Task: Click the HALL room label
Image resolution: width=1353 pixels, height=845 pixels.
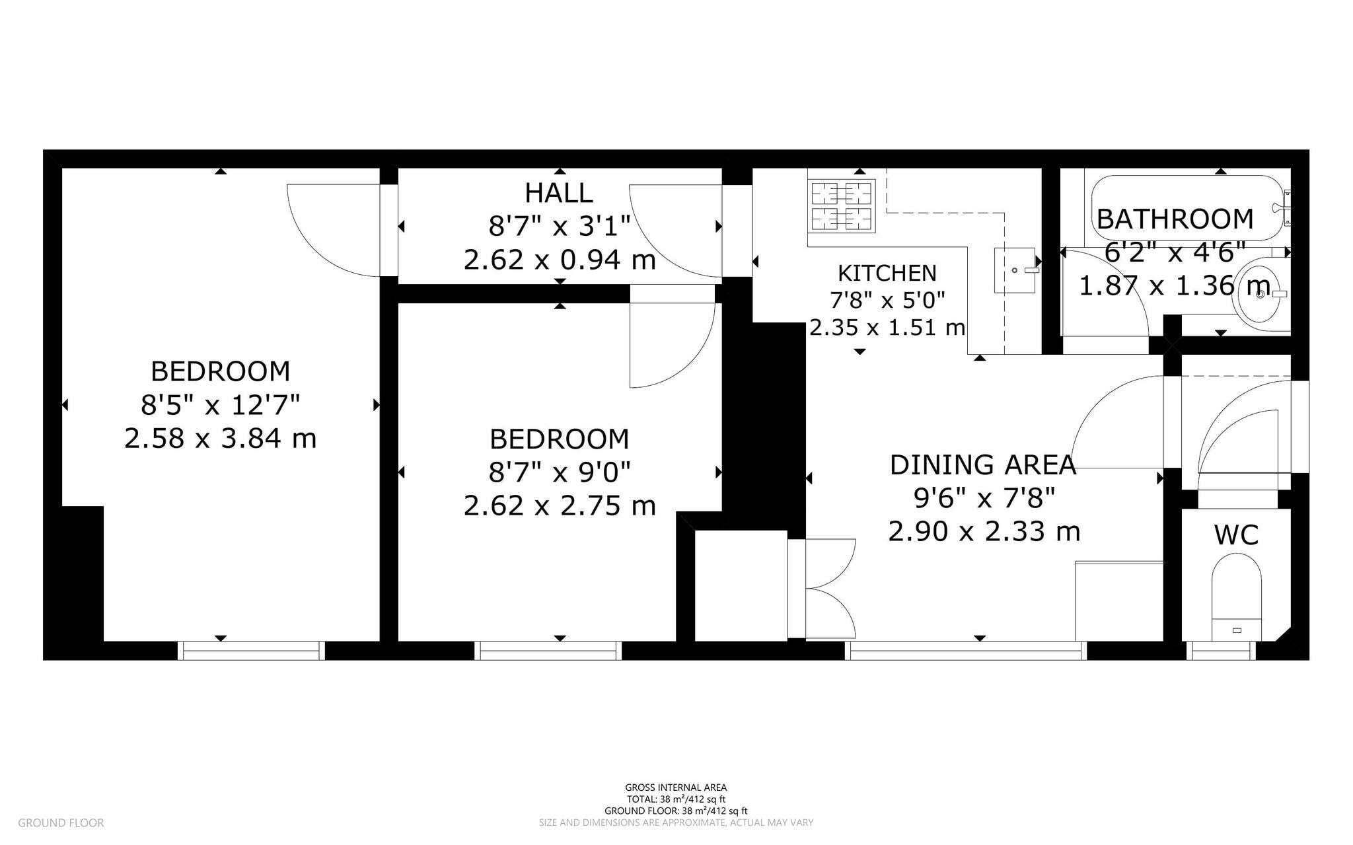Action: click(x=558, y=193)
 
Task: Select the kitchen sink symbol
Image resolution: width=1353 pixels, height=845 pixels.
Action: click(x=1015, y=270)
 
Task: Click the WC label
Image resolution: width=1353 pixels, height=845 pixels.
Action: click(x=1236, y=535)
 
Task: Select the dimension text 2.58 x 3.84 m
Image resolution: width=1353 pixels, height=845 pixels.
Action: click(x=220, y=439)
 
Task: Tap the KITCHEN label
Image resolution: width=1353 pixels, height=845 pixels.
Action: click(x=887, y=273)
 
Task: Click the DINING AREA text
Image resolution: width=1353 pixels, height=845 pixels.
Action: click(x=982, y=465)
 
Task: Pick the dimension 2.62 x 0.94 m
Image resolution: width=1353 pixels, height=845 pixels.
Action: click(x=559, y=260)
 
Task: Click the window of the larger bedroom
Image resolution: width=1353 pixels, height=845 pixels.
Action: click(x=251, y=651)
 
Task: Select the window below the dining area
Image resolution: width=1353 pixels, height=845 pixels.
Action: click(x=965, y=651)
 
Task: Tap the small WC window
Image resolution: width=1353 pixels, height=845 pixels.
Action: click(x=1221, y=651)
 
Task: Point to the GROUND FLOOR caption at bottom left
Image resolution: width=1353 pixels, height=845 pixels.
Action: click(x=61, y=823)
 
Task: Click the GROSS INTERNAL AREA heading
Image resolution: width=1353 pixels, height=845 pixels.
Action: click(x=676, y=788)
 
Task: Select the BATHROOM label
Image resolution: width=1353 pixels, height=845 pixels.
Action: click(x=1175, y=219)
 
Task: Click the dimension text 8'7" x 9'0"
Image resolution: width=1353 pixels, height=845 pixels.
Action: click(x=559, y=472)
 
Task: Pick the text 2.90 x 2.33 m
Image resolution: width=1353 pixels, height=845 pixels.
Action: click(x=983, y=531)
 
